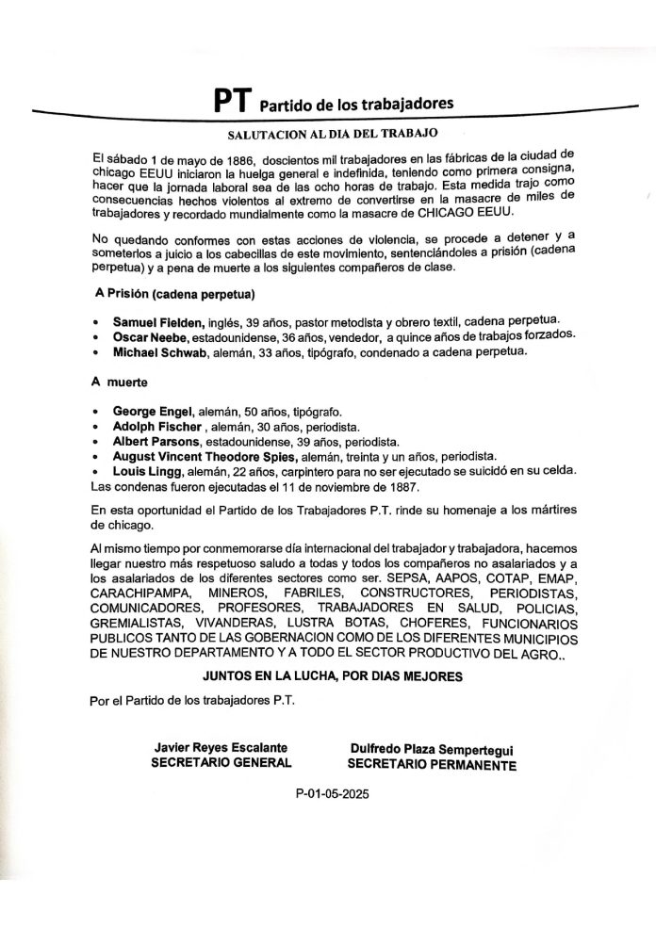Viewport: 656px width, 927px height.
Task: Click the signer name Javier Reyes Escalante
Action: coord(221,747)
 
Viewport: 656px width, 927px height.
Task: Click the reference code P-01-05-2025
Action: coord(332,794)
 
